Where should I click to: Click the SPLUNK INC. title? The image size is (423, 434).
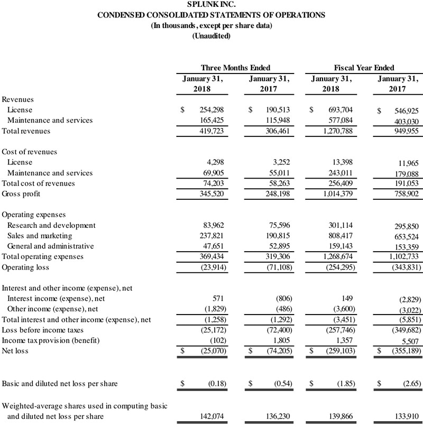212,5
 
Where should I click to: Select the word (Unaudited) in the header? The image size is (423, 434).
212,36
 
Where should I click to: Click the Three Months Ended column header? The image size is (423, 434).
235,68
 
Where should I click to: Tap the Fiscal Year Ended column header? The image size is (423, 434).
364,68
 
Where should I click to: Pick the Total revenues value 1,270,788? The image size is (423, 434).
337,131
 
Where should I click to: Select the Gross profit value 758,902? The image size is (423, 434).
405,195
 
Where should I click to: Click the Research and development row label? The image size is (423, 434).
51,225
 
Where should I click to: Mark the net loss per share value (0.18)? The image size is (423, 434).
214,383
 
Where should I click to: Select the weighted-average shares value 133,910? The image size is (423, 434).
406,417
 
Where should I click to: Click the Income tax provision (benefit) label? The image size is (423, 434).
51,340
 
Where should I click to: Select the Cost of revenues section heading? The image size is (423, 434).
30,152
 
